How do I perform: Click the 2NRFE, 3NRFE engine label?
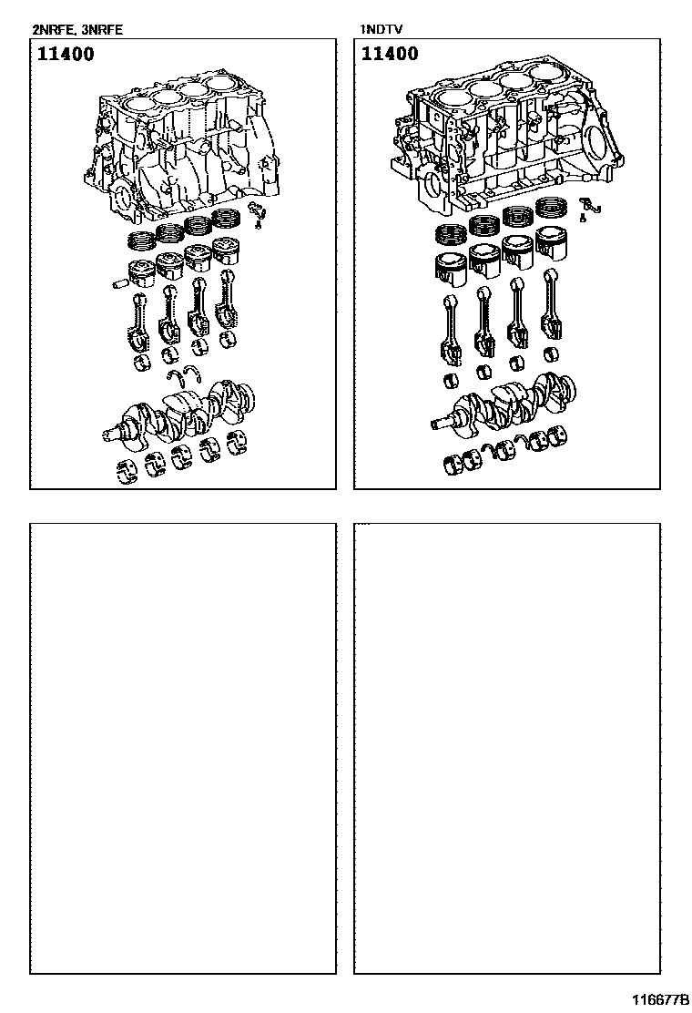click(77, 30)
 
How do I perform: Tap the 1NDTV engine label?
click(382, 30)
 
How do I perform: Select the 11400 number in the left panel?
click(66, 54)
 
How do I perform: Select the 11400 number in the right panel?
click(390, 53)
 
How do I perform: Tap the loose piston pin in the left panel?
click(120, 283)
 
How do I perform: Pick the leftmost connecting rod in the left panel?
click(141, 322)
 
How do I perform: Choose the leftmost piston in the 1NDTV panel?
click(450, 267)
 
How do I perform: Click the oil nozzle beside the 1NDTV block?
click(588, 207)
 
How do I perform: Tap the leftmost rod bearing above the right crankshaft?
click(453, 381)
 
